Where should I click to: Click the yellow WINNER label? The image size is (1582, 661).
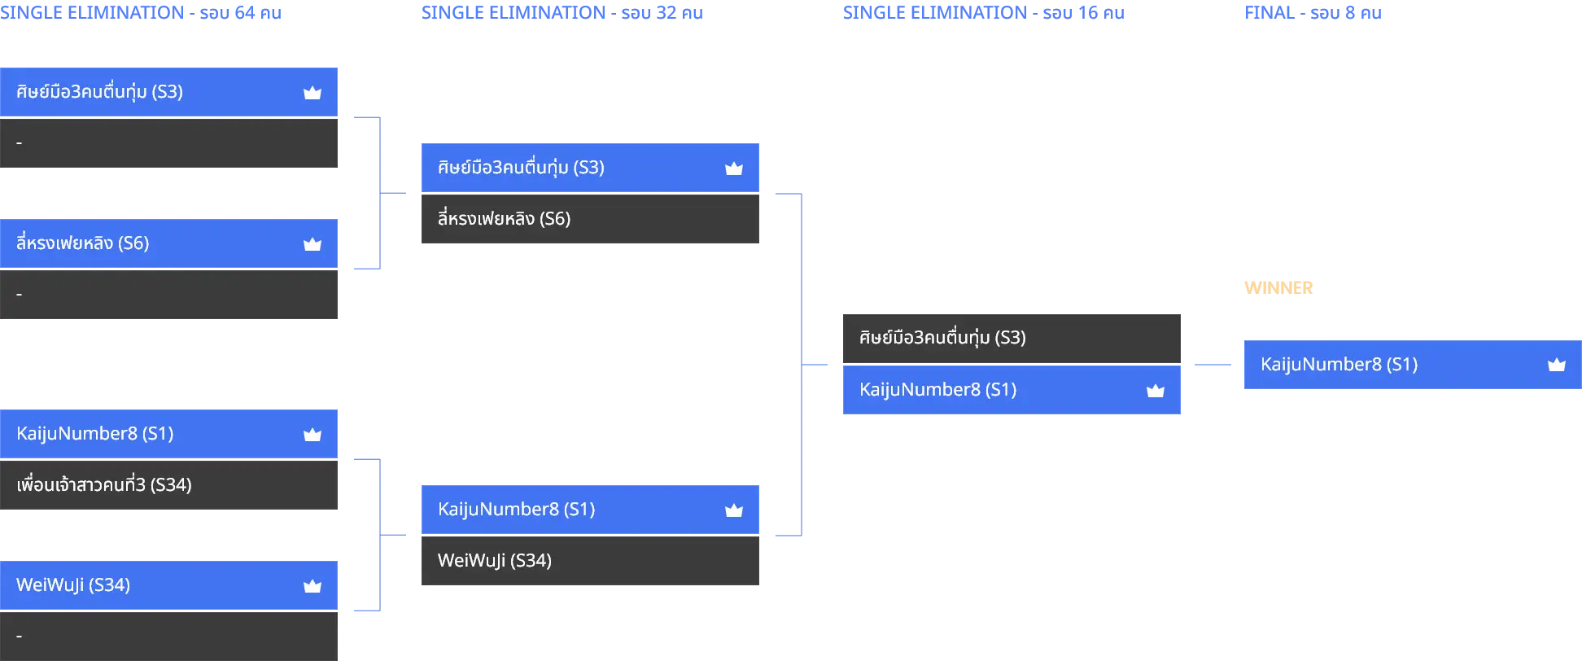[x=1278, y=288]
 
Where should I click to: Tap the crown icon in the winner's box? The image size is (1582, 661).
[x=1557, y=365]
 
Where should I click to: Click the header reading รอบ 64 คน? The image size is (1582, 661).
[x=241, y=13]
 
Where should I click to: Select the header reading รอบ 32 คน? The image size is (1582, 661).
[x=662, y=13]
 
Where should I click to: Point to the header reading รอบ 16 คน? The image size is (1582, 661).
[x=1084, y=13]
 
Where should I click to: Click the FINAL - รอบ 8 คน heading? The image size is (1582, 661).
[x=1313, y=13]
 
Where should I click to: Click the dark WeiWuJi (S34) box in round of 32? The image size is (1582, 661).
[x=590, y=561]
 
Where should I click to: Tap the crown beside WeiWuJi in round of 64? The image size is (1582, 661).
[x=312, y=586]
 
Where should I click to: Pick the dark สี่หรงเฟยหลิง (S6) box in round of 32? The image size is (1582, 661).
[x=590, y=219]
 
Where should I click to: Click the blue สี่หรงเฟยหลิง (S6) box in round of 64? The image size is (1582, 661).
[x=168, y=243]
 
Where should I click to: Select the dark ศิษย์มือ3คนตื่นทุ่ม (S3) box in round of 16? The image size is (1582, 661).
[x=1012, y=339]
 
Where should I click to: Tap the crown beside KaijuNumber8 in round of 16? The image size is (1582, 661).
[x=1156, y=391]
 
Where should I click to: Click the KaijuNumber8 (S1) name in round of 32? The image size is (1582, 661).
[x=517, y=510]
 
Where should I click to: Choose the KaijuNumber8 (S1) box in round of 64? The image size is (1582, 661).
[x=168, y=434]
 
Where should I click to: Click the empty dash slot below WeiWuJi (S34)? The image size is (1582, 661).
[x=168, y=637]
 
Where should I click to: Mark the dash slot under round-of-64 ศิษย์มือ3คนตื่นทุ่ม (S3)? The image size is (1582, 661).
[x=168, y=143]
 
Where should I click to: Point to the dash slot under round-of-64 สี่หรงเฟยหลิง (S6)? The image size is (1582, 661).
[x=168, y=295]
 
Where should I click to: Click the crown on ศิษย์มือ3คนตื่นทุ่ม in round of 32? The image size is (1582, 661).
[x=734, y=169]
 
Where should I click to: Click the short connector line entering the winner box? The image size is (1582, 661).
[x=1213, y=365]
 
